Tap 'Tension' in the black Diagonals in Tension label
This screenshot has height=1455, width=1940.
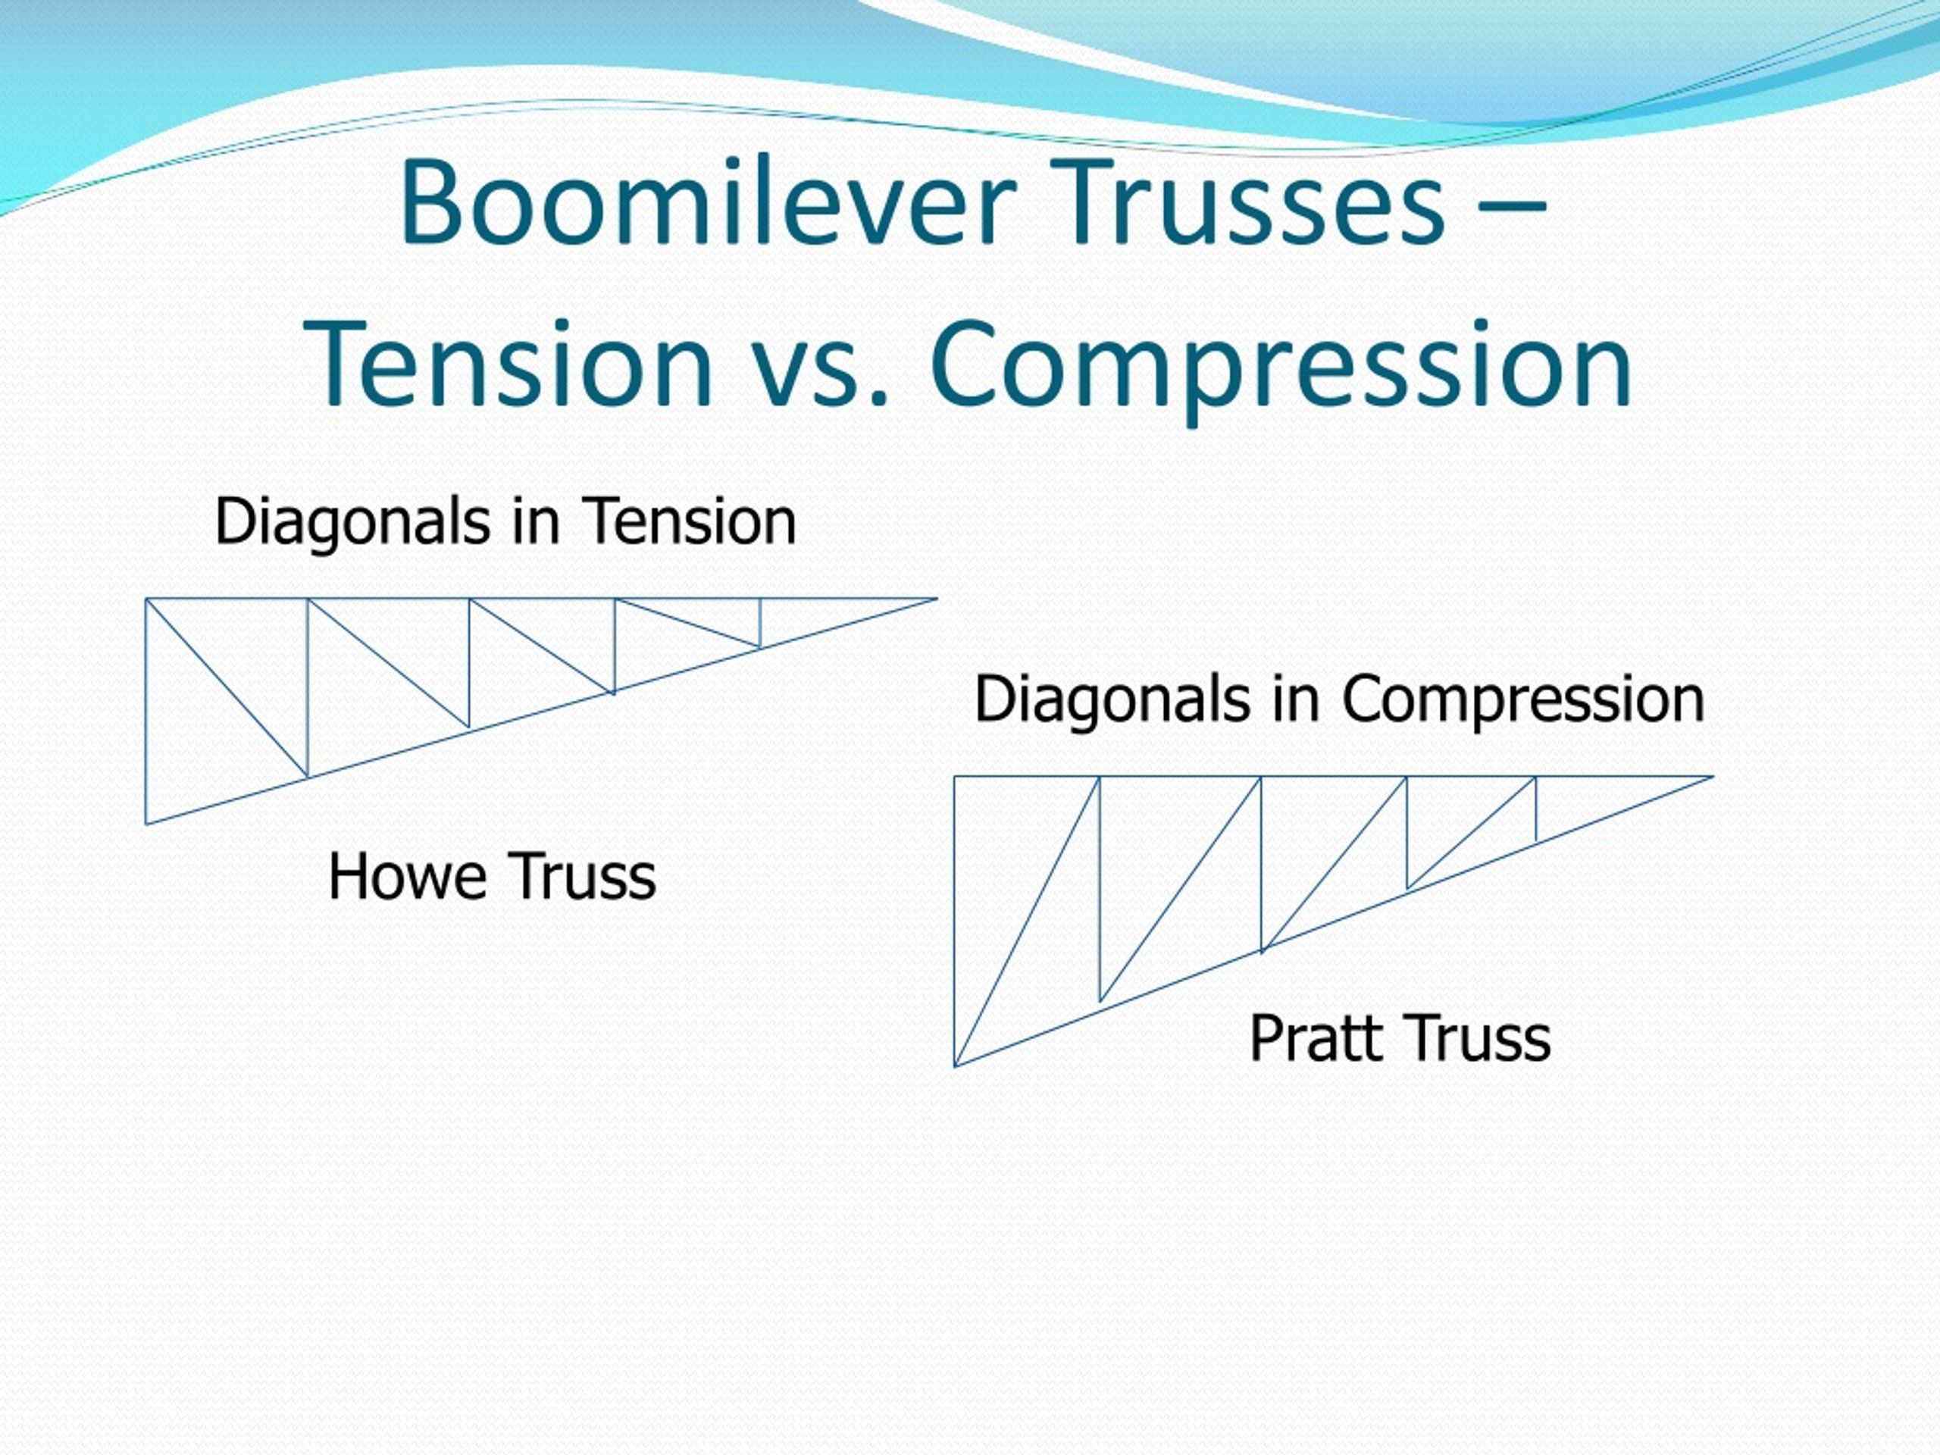(690, 522)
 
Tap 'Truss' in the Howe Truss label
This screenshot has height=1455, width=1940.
(582, 877)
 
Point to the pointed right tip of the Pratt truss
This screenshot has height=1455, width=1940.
(1713, 776)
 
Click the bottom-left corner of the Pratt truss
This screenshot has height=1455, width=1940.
(954, 1066)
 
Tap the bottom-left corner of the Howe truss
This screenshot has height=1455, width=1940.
(145, 824)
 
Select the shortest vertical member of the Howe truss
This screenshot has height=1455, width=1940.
(760, 624)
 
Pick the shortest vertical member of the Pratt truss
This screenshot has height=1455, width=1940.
(1535, 809)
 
